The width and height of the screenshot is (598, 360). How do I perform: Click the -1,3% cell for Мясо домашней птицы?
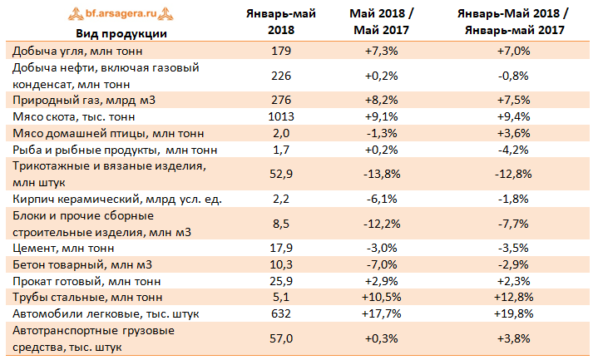point(383,133)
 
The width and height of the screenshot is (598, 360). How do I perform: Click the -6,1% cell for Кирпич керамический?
point(383,198)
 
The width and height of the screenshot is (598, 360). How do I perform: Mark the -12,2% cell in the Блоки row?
point(383,223)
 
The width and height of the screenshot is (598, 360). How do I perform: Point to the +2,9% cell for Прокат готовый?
point(383,280)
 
